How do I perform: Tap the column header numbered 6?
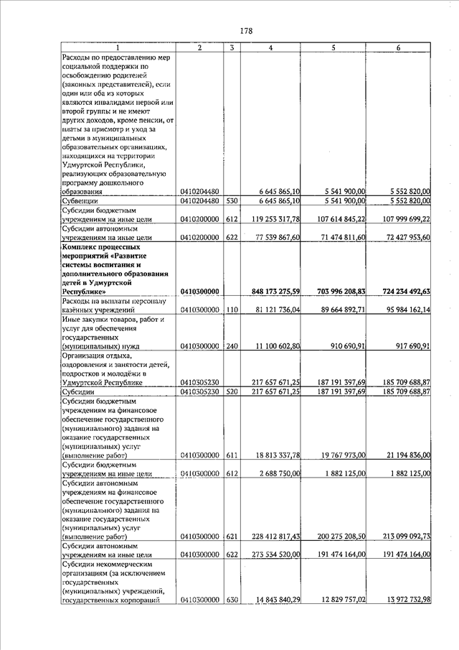pyautogui.click(x=399, y=48)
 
